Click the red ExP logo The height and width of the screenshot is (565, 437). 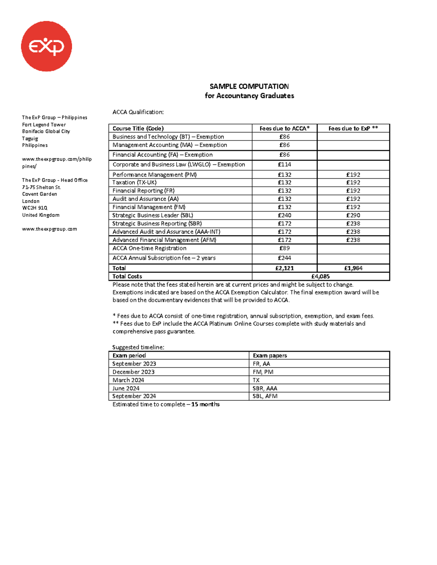pyautogui.click(x=47, y=46)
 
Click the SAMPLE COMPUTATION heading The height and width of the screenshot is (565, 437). pyautogui.click(x=249, y=87)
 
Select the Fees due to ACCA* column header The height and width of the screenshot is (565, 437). pyautogui.click(x=284, y=128)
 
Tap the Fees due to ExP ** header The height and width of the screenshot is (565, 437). pyautogui.click(x=353, y=128)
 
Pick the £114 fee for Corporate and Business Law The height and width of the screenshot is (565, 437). pyautogui.click(x=284, y=164)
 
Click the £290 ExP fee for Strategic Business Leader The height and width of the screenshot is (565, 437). pyautogui.click(x=353, y=215)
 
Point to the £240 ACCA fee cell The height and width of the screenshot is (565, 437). pyautogui.click(x=284, y=215)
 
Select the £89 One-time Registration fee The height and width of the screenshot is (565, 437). pyautogui.click(x=284, y=248)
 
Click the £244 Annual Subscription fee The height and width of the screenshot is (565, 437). pyautogui.click(x=284, y=258)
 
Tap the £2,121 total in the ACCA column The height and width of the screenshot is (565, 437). pyautogui.click(x=284, y=268)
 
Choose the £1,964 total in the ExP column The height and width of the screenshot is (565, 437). pyautogui.click(x=353, y=268)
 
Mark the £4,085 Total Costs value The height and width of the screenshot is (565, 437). pyautogui.click(x=320, y=276)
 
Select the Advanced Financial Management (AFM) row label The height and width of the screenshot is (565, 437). pyautogui.click(x=164, y=240)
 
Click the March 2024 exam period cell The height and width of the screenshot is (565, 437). pyautogui.click(x=128, y=380)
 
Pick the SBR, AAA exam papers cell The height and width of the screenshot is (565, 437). pyautogui.click(x=265, y=388)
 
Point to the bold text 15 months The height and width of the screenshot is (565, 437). pyautogui.click(x=205, y=404)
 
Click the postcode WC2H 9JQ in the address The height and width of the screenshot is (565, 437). pyautogui.click(x=35, y=208)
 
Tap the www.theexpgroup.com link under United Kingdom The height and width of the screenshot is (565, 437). pyautogui.click(x=50, y=229)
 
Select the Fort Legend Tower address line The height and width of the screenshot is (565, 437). pyautogui.click(x=44, y=125)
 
